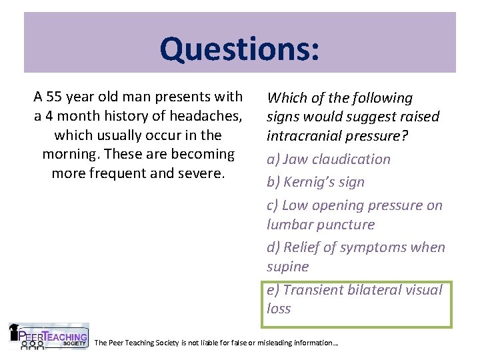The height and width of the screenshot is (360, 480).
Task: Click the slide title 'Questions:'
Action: tap(239, 49)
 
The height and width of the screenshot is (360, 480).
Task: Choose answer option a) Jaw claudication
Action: tap(329, 159)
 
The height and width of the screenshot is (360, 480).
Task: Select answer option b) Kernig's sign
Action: tap(317, 182)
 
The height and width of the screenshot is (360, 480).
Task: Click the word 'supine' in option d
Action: tap(288, 267)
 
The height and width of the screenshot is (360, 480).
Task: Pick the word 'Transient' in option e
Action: tap(314, 290)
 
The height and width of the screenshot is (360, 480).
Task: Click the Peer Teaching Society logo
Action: tap(49, 337)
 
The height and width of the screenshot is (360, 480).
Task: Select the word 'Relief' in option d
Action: tap(301, 247)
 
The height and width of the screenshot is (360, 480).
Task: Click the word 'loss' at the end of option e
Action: tap(279, 309)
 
